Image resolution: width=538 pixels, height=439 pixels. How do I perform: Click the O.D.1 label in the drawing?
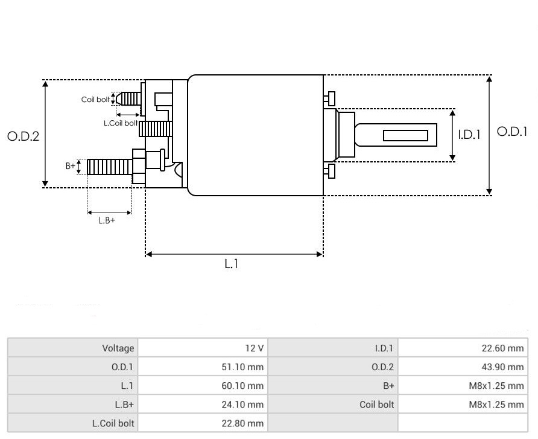coord(511,131)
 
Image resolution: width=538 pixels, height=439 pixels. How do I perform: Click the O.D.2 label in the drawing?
coord(23,136)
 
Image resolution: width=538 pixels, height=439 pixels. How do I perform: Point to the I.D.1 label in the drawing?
coord(469,135)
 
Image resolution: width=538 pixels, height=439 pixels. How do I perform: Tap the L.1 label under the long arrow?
coord(232,264)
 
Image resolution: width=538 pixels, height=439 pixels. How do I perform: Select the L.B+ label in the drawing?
coord(107,220)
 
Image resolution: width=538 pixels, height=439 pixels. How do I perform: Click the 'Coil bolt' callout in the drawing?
coord(95,100)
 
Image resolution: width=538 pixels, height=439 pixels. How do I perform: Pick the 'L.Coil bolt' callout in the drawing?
coord(121,123)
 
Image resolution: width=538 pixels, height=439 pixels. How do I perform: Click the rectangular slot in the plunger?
coord(405,135)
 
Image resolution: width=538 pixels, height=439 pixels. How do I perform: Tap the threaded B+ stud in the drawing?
coord(109,166)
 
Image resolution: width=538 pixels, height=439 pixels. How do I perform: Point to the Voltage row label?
coord(118,348)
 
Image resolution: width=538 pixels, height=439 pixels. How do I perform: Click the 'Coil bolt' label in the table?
coord(376,404)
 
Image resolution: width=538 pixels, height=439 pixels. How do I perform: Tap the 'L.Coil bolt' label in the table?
coord(113,423)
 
